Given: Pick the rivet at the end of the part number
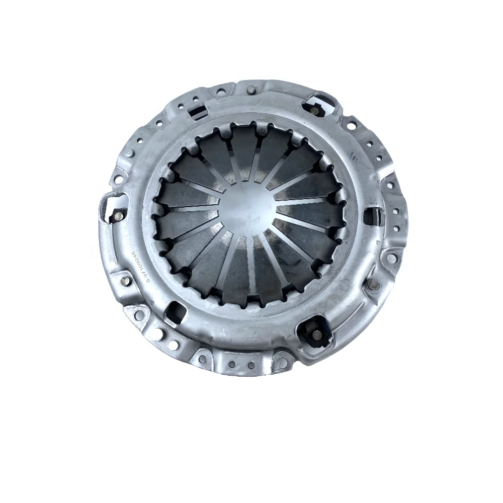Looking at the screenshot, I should tap(122, 277).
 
